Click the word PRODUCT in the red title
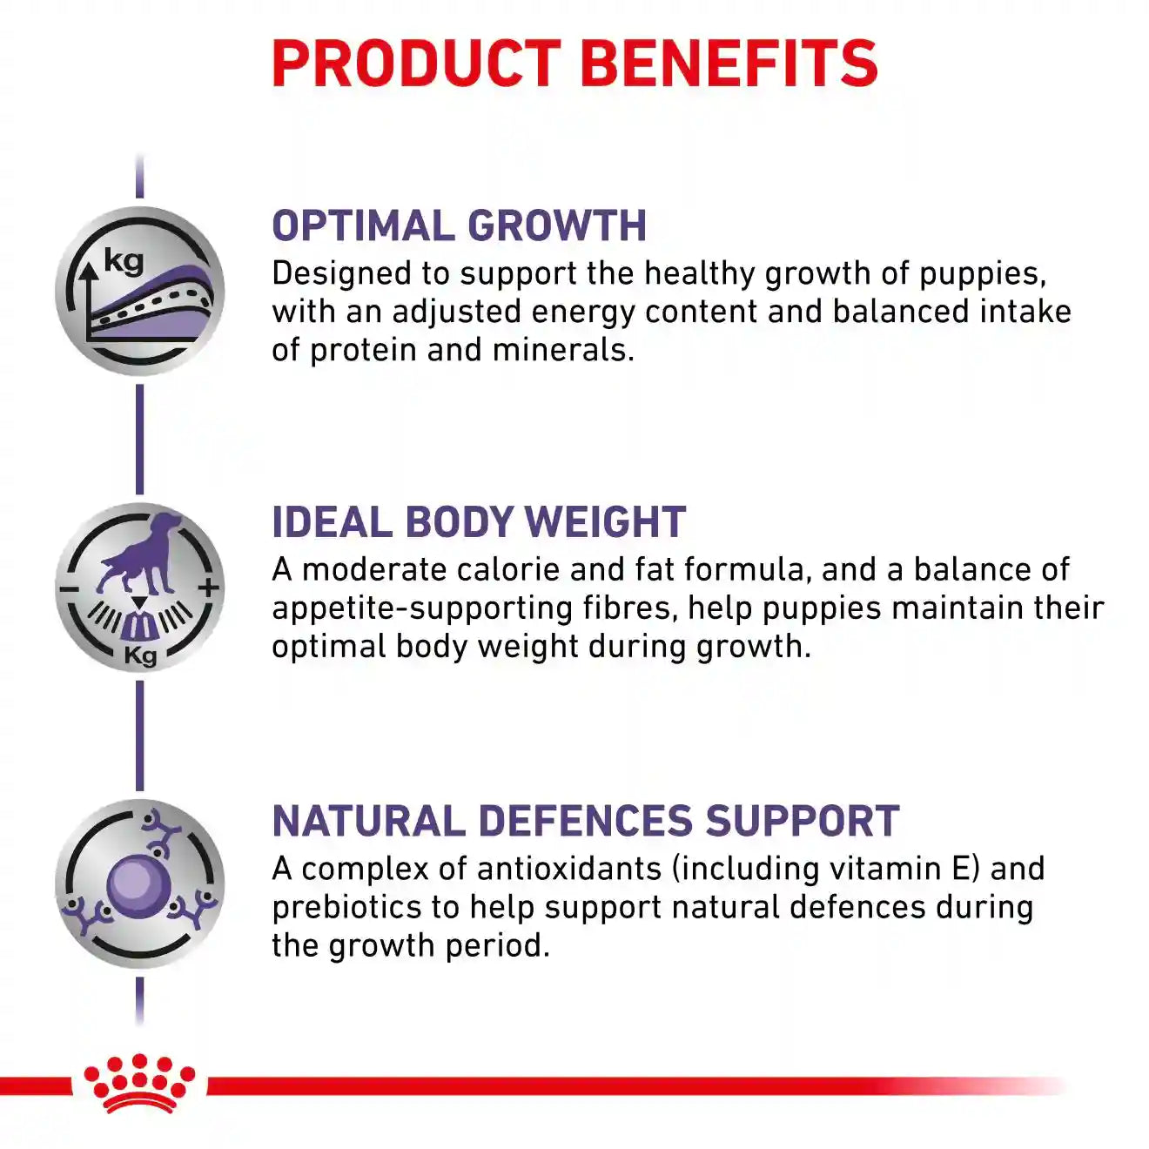click(416, 64)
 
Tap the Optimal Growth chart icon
click(139, 291)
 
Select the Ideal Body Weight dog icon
click(139, 588)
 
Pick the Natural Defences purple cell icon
click(139, 884)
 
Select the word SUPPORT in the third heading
click(803, 821)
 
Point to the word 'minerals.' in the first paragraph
click(563, 349)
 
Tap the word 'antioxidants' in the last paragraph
click(569, 870)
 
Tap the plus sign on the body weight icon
click(209, 588)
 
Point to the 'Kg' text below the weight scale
click(140, 656)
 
